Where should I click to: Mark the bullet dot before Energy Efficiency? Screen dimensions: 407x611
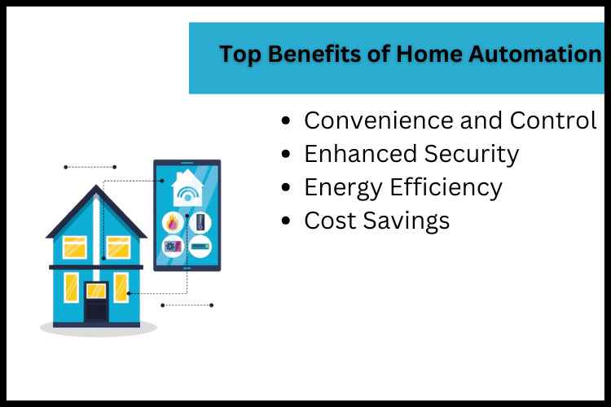click(285, 187)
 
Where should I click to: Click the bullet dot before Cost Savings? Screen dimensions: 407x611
click(285, 221)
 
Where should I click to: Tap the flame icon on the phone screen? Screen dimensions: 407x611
click(172, 221)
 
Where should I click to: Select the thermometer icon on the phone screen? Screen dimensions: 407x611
click(200, 221)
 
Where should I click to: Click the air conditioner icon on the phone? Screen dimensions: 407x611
click(200, 246)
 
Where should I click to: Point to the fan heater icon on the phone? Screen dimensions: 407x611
click(172, 246)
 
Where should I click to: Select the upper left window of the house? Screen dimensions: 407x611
click(74, 247)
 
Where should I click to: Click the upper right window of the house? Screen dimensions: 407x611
click(119, 247)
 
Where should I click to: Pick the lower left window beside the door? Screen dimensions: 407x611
click(72, 287)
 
